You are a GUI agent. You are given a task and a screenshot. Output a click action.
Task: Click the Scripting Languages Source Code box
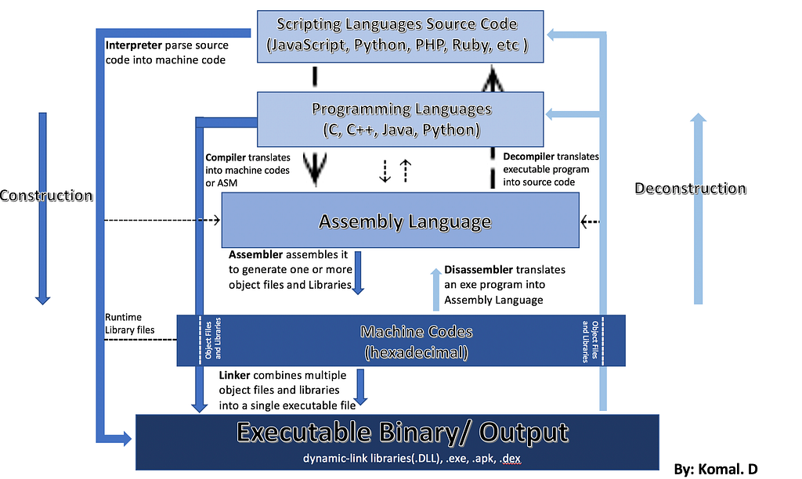coord(400,36)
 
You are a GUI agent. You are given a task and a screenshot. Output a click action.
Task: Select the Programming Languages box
coord(400,119)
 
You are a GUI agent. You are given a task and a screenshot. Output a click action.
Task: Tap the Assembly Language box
coord(400,221)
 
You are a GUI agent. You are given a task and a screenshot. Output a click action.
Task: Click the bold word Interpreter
coord(133,45)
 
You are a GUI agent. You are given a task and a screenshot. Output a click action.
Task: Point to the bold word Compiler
coord(225,157)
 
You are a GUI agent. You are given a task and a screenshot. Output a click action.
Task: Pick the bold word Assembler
coord(255,254)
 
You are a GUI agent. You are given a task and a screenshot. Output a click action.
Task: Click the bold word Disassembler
coord(479,269)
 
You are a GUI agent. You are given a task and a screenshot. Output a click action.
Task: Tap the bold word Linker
coord(234,375)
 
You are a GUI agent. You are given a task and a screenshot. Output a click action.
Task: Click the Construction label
coord(46,196)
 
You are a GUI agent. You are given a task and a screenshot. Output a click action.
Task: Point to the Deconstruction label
coord(690,188)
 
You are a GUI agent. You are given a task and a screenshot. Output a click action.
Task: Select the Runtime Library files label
coord(129,323)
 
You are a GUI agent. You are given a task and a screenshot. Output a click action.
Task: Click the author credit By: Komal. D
coord(716,469)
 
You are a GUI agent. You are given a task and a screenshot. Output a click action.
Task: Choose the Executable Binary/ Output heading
coord(402,432)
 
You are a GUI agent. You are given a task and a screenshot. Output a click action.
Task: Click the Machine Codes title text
coord(417,332)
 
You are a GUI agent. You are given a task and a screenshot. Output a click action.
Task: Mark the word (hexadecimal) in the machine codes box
coord(417,352)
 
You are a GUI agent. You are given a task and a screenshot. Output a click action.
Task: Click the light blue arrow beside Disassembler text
coord(435,290)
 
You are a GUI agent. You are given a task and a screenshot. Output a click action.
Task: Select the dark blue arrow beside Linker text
coord(360,387)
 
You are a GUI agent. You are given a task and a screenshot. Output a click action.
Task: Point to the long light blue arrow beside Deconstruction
coord(698,208)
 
